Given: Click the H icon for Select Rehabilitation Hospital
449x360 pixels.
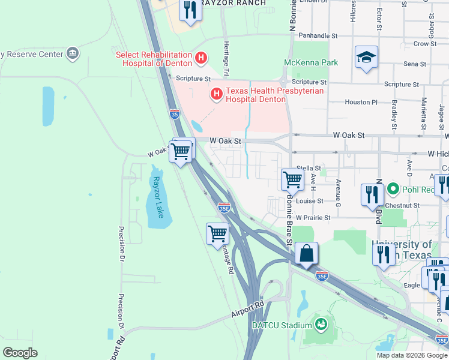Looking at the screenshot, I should (201, 59).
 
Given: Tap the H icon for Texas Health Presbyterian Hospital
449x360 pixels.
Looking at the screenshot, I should (216, 94).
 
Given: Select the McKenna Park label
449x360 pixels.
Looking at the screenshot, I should (311, 62).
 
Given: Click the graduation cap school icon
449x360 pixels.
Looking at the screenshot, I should (366, 57).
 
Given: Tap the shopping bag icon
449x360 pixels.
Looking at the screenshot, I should (306, 253).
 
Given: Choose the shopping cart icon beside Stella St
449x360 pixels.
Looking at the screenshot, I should (292, 179).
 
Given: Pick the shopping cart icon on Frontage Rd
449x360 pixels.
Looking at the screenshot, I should (217, 233).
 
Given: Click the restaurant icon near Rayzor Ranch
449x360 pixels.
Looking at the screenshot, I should (190, 10).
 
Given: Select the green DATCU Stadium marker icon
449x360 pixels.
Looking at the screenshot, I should (321, 325).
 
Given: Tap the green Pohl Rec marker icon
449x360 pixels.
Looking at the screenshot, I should (393, 190).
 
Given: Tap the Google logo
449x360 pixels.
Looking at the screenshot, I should (20, 353).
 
